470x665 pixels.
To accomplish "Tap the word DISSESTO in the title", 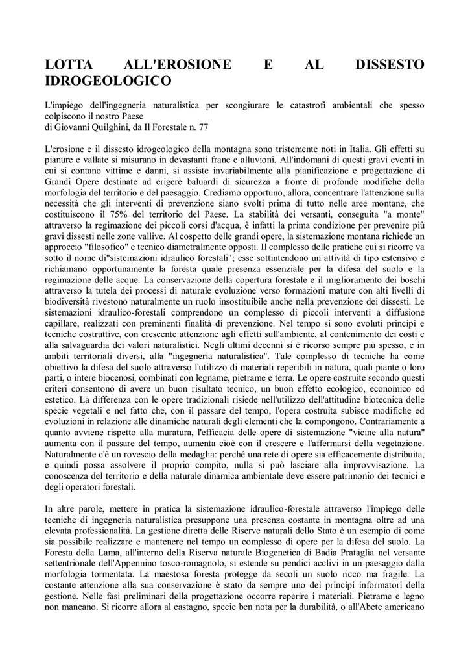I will tap(390, 66).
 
